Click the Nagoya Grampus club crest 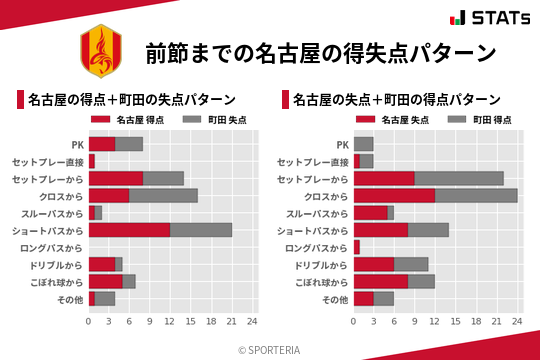[x=97, y=50]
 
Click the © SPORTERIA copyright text [x=270, y=349]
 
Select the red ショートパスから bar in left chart [x=129, y=230]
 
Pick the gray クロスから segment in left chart [x=163, y=195]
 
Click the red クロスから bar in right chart [x=394, y=195]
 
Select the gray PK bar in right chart [x=363, y=143]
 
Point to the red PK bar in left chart [x=102, y=143]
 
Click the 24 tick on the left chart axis [x=252, y=322]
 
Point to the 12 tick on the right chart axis [x=435, y=322]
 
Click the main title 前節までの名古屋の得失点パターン [x=320, y=51]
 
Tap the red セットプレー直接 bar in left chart [x=92, y=161]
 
